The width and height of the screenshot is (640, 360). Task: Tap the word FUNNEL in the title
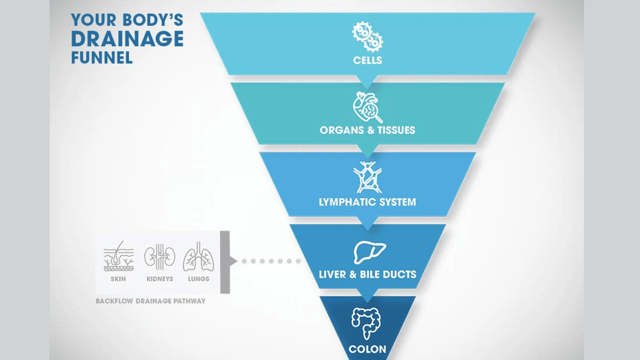tap(102, 58)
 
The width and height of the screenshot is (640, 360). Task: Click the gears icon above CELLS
tap(368, 36)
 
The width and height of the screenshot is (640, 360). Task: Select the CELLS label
tap(368, 60)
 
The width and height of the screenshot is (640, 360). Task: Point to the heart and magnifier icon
tap(368, 107)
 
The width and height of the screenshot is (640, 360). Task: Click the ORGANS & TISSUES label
tap(368, 130)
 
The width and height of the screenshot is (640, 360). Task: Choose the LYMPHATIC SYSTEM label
tap(368, 202)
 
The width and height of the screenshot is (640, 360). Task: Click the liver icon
tap(370, 252)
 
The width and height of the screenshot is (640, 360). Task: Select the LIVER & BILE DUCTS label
tap(368, 274)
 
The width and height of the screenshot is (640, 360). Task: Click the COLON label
tap(368, 349)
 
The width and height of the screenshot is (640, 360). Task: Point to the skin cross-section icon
tap(118, 256)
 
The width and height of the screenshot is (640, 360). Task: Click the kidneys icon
tap(160, 256)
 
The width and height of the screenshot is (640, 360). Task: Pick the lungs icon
tap(198, 256)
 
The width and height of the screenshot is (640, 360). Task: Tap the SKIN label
tap(118, 279)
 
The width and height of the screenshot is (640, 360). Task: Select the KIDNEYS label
tap(160, 279)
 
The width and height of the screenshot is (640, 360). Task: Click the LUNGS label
tap(198, 279)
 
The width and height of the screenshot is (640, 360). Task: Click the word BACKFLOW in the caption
tap(114, 301)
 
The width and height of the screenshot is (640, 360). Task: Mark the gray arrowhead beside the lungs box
tap(233, 261)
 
